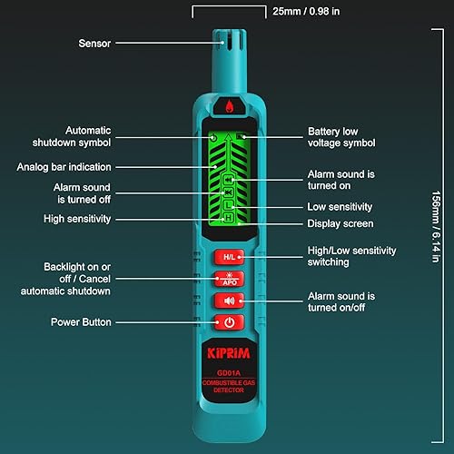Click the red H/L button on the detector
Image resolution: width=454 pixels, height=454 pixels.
[x=228, y=257]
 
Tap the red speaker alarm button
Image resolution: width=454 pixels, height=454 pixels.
[x=228, y=301]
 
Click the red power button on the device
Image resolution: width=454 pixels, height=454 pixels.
[x=229, y=322]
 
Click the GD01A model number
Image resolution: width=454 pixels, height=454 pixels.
[x=228, y=371]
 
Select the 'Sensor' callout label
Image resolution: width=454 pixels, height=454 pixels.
[x=94, y=42]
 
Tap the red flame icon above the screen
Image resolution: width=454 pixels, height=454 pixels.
[x=228, y=106]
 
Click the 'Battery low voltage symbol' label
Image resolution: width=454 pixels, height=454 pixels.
[x=341, y=137]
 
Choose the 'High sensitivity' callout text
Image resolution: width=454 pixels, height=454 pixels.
[x=77, y=219]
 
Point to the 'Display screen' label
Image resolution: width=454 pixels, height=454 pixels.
[x=340, y=223]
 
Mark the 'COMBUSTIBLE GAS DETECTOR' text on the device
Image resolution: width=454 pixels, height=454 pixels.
[x=228, y=388]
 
